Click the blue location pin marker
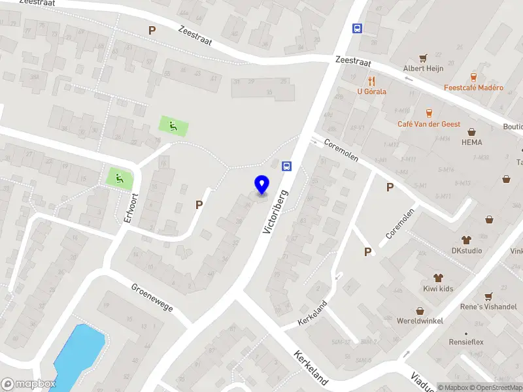pos(262,185)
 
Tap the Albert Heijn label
pos(423,69)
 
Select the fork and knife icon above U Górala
pos(371,81)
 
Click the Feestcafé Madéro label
pos(473,88)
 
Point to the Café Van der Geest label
pos(429,123)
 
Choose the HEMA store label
pos(471,142)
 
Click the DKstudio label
pos(466,250)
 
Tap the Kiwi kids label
pos(437,289)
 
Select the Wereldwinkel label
pos(420,321)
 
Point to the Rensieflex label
pos(465,340)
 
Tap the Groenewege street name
pos(152,297)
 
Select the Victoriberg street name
pos(276,212)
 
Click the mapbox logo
pos(29,384)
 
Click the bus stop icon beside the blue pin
pos(286,166)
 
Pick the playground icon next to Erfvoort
pos(119,177)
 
